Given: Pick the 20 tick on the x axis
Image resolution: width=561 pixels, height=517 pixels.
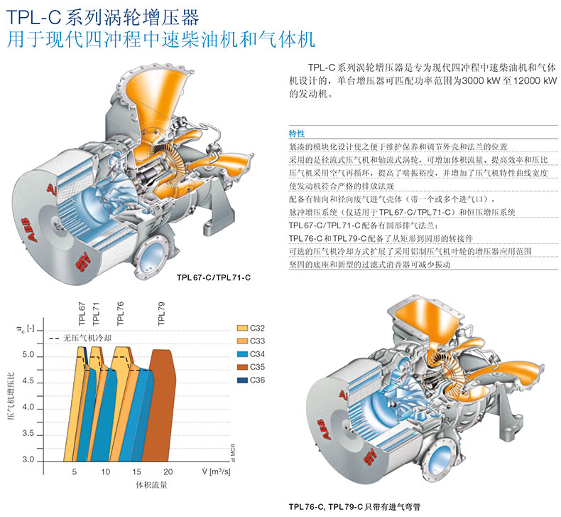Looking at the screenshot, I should (168, 472).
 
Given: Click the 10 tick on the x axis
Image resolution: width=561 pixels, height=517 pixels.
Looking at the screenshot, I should (105, 472).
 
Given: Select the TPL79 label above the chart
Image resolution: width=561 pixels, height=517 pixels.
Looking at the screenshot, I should (162, 314).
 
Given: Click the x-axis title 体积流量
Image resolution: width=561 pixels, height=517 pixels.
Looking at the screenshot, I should (152, 485).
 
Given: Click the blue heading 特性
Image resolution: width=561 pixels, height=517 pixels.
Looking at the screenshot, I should (297, 134).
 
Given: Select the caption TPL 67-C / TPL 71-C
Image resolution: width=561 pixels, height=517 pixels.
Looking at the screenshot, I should (214, 277).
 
